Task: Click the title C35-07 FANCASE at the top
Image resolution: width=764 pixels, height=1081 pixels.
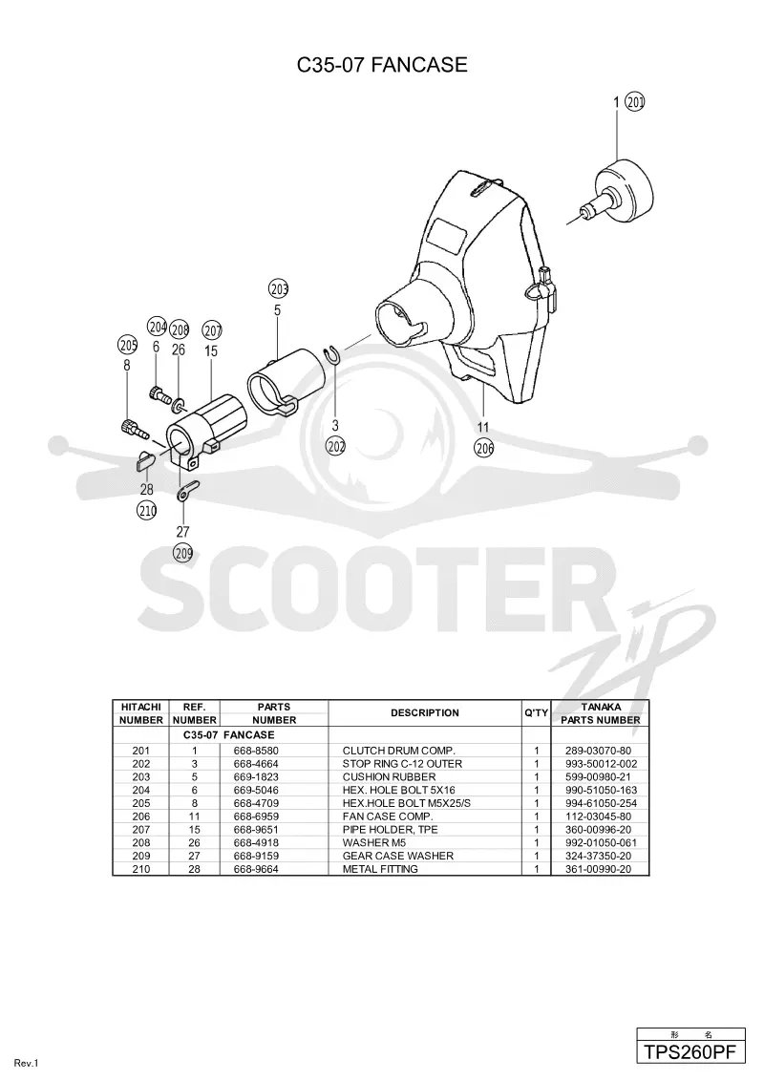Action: (382, 65)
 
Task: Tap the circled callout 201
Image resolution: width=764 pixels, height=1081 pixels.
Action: (634, 102)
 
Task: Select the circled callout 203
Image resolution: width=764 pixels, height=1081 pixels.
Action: (279, 288)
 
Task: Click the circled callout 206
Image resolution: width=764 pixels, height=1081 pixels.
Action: (484, 448)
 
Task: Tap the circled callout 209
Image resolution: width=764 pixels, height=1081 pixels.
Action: (182, 552)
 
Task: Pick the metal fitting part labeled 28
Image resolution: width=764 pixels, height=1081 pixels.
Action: (145, 460)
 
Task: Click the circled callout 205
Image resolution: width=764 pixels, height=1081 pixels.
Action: (128, 345)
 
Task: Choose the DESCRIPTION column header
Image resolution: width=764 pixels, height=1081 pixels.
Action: (425, 712)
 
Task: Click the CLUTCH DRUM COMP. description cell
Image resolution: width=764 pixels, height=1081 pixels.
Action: (398, 750)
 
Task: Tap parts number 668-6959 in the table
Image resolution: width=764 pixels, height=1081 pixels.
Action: (256, 816)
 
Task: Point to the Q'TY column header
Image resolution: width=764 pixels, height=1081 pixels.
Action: (537, 712)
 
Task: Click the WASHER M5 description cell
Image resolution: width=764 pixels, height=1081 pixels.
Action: (374, 842)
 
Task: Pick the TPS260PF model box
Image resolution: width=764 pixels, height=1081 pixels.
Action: (690, 1052)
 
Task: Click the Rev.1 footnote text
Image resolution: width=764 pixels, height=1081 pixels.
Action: (26, 1064)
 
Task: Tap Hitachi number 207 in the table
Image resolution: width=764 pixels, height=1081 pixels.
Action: (140, 829)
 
